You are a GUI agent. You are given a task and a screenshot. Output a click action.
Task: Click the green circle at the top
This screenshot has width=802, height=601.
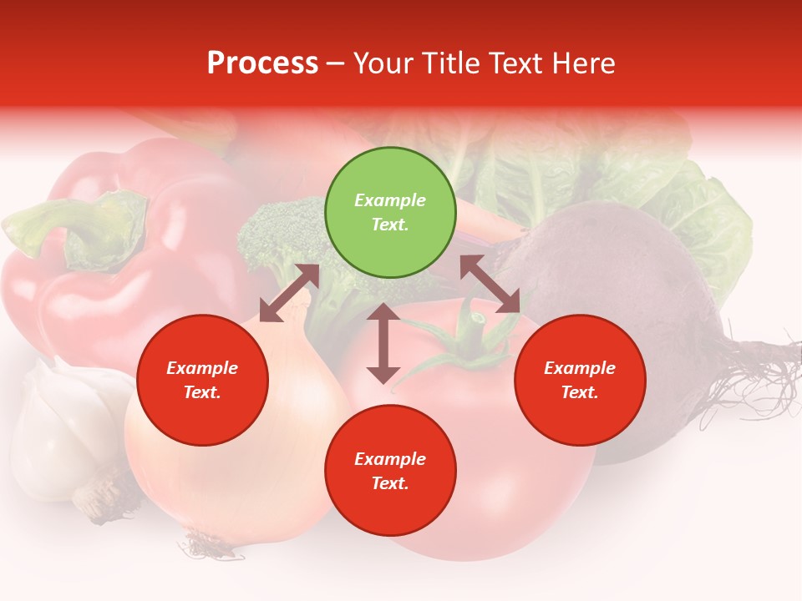pos(390,213)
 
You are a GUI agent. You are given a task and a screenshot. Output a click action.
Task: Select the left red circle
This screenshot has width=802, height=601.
pos(202,381)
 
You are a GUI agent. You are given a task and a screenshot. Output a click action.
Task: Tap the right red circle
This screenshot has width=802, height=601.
pos(580,381)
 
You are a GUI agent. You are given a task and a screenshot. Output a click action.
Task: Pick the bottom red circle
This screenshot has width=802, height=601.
pos(390,472)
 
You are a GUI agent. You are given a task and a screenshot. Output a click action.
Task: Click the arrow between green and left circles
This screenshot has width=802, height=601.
pos(290,293)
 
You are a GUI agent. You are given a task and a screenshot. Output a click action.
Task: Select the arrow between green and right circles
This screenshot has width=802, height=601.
pos(490,284)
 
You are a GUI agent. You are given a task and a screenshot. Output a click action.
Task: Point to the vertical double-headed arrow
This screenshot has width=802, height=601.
pos(383,343)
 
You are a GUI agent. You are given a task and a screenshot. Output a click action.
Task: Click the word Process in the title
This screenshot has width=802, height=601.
pos(262,63)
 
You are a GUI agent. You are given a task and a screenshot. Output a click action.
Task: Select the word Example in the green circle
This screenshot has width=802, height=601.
pos(390,200)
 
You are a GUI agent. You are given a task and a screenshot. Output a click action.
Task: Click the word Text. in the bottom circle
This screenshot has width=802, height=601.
pos(390,484)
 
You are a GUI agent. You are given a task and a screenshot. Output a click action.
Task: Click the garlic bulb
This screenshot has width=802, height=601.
pos(63,426)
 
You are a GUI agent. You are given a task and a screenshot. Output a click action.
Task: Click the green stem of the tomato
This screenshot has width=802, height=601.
pos(468,342)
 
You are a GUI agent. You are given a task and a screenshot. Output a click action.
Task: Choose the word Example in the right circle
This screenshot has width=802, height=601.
pos(580,368)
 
